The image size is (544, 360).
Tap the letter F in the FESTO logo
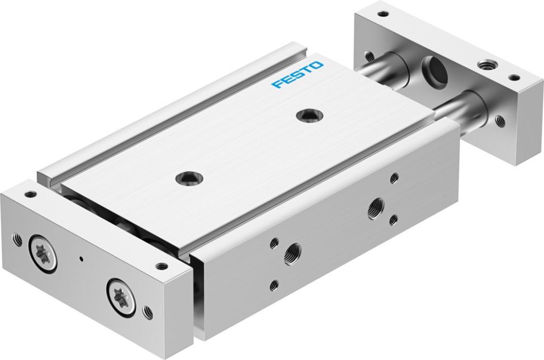coord(277,84)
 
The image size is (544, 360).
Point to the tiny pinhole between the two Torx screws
coord(81,259)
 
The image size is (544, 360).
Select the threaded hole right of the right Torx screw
coord(148,313)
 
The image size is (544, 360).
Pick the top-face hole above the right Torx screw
coord(160,267)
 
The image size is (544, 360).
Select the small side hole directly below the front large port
coord(274,285)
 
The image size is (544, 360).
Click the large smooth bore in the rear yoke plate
coord(430,67)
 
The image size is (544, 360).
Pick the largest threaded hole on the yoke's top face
coord(484,65)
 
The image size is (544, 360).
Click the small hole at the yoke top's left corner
coord(381,14)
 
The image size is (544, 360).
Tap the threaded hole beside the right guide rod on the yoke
coord(499,121)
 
